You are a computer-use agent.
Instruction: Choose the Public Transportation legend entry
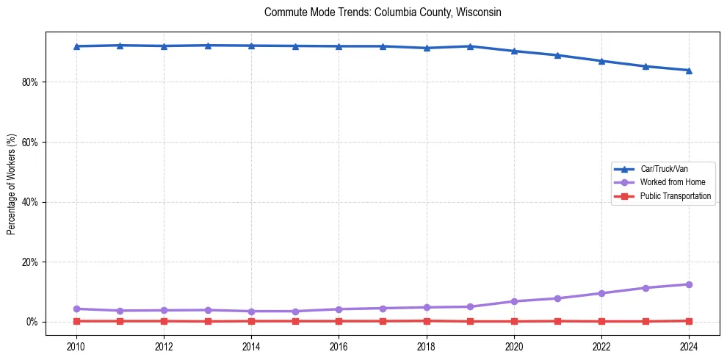(x=675, y=196)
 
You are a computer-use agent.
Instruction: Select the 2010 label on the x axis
(x=76, y=346)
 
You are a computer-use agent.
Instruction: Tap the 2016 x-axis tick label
(x=339, y=346)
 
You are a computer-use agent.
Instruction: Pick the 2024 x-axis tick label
(x=689, y=346)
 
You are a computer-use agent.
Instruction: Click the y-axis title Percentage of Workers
(x=12, y=184)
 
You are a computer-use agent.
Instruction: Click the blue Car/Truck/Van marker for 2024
(x=689, y=71)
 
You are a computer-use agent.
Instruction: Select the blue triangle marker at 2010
(x=76, y=46)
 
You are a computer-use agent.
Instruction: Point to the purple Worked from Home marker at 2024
(x=689, y=284)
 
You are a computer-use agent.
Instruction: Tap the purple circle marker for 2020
(x=514, y=301)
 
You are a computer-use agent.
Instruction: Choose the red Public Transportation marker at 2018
(x=427, y=320)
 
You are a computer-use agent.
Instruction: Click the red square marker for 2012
(x=164, y=321)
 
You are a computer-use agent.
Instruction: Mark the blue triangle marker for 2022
(x=601, y=61)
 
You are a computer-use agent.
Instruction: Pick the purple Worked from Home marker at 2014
(x=251, y=312)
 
